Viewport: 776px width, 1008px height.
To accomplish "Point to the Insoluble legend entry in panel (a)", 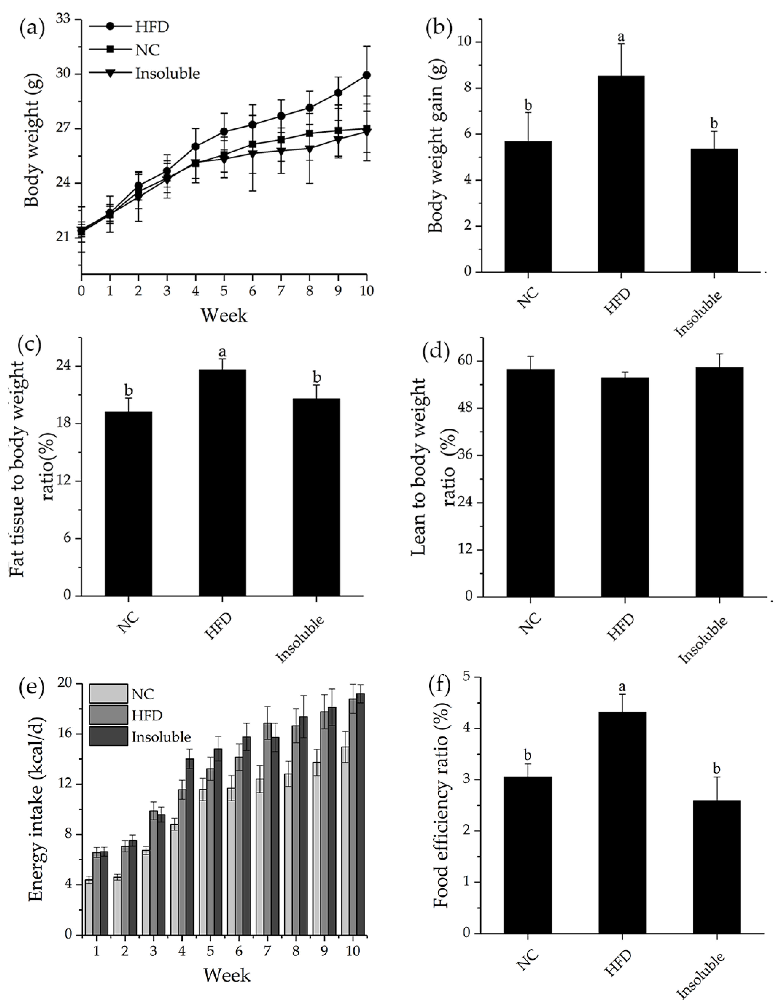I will coord(167,73).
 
